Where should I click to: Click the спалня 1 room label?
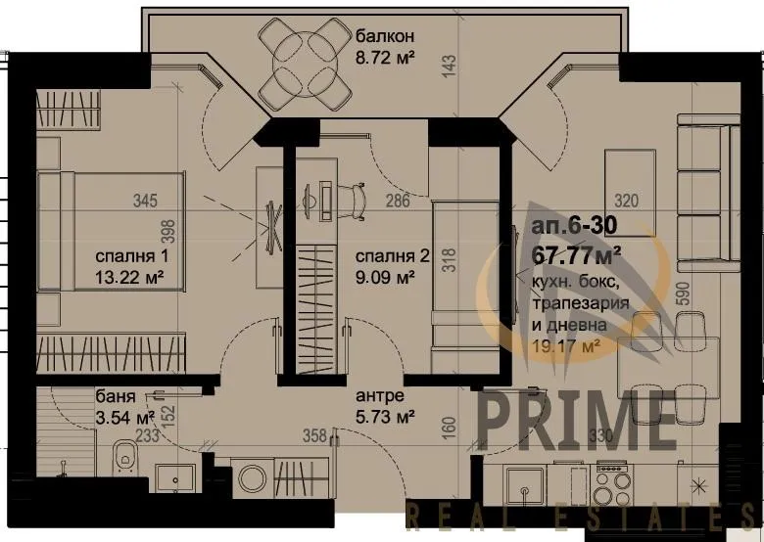point(133,257)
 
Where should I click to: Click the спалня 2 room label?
point(392,257)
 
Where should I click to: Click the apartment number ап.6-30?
point(574,227)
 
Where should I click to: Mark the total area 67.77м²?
point(579,257)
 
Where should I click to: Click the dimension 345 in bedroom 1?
point(145,203)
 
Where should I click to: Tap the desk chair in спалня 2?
point(354,195)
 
